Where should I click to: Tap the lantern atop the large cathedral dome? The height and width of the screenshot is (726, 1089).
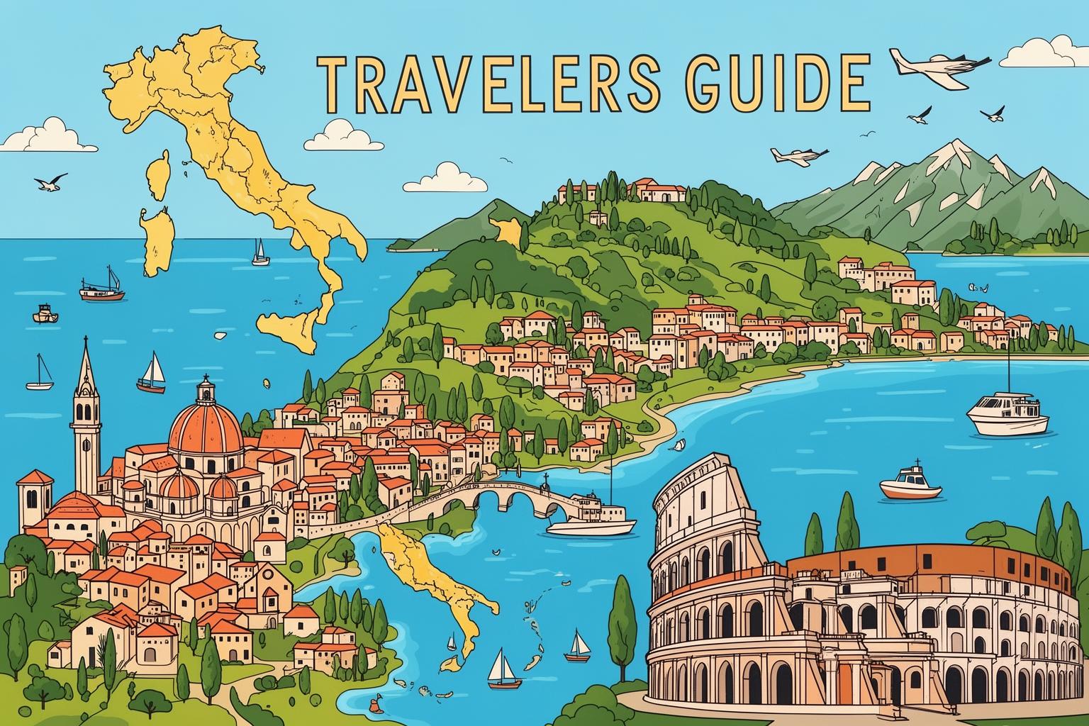point(205,387)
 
